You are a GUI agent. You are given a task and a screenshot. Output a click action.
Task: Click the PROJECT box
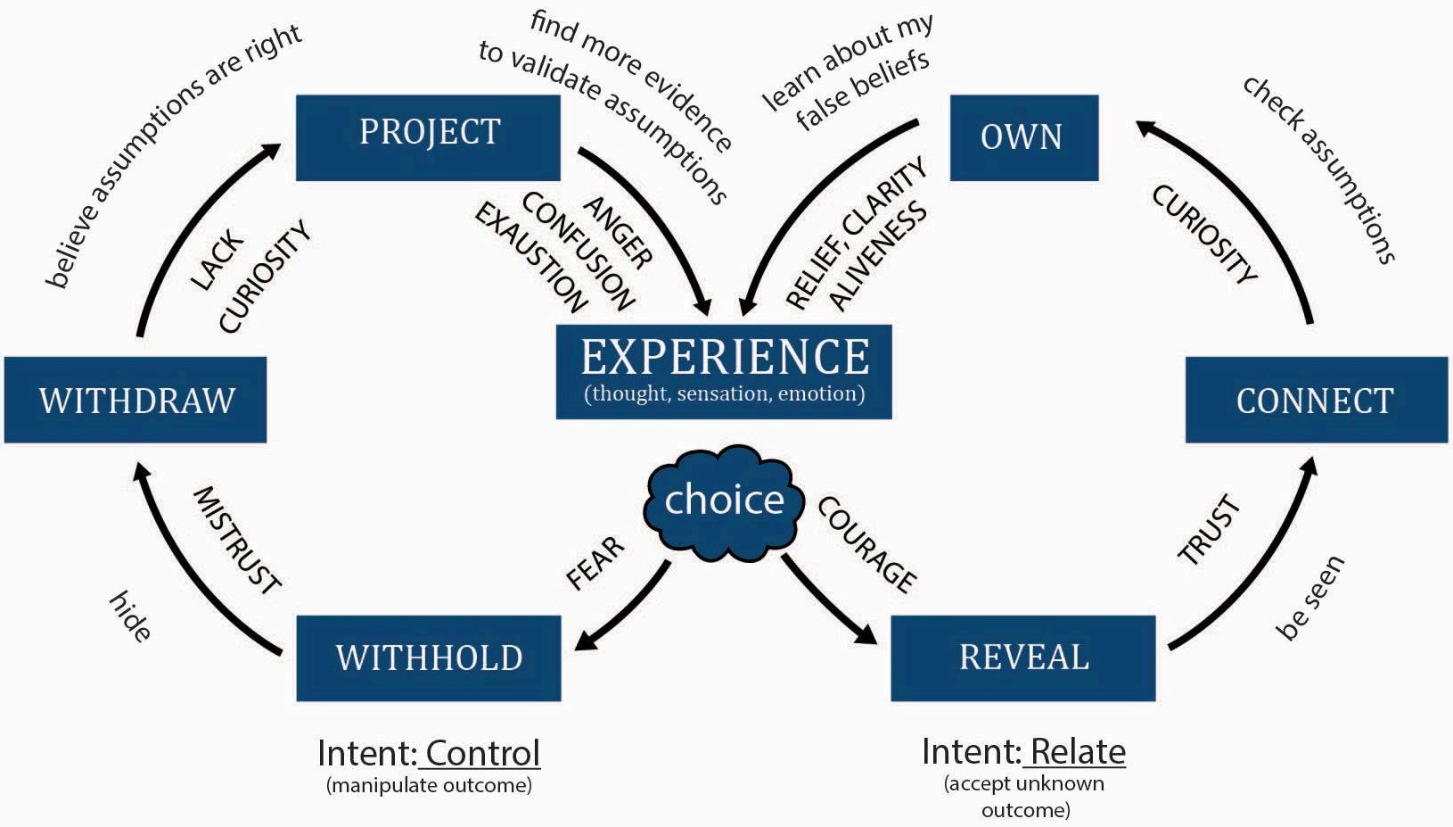point(428,136)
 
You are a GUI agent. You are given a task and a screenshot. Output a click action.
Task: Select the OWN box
point(1023,137)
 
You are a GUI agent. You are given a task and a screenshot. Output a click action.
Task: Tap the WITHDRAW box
point(135,400)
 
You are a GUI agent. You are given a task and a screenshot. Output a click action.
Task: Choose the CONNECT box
point(1316,400)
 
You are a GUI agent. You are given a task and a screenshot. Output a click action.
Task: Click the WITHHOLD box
point(428,657)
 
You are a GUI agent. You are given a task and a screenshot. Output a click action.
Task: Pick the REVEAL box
point(1023,657)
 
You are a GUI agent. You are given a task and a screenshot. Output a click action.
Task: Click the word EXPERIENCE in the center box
point(725,357)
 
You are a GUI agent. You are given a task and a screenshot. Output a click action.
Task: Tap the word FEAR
point(595,563)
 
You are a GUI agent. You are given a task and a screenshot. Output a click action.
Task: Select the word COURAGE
point(867,545)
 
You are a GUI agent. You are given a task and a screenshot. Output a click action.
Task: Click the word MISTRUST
point(237,541)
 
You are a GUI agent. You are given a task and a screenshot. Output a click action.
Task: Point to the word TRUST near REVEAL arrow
point(1210,531)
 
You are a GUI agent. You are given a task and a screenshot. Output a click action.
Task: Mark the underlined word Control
point(482,753)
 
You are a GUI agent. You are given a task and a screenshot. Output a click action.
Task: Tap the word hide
point(130,616)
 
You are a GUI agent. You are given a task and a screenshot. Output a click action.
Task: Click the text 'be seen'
point(1309,598)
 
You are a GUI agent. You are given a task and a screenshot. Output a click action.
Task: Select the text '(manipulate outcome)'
point(429,786)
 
